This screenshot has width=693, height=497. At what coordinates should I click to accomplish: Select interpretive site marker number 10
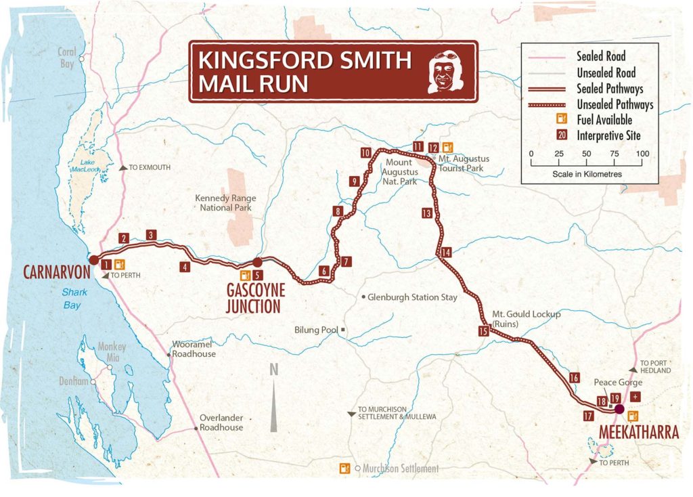tap(366, 153)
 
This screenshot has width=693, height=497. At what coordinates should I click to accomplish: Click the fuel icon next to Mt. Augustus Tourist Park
tap(447, 147)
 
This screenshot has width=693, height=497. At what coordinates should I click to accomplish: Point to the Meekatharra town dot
tap(619, 409)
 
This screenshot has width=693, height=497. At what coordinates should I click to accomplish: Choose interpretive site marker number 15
tap(483, 331)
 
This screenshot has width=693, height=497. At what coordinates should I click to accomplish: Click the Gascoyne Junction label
tap(256, 297)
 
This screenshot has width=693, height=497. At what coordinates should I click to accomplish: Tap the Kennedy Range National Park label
tap(225, 202)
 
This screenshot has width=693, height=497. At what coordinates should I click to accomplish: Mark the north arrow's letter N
tap(274, 370)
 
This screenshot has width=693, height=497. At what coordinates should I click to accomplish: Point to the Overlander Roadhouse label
tap(221, 423)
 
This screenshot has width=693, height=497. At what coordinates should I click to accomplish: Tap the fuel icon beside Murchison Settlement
tap(345, 468)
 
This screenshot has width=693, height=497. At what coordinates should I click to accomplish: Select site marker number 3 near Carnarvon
tap(151, 234)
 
